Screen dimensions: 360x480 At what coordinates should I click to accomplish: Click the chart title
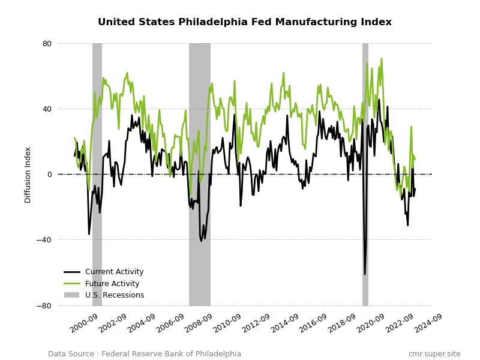click(244, 22)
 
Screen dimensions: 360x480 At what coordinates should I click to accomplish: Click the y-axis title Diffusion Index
click(28, 175)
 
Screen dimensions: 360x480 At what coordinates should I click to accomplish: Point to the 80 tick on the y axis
click(47, 44)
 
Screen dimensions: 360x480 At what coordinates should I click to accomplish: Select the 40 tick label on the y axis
click(47, 109)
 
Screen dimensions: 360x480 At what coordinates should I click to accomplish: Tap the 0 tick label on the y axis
click(50, 175)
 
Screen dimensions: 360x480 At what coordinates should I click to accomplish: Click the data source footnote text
click(145, 354)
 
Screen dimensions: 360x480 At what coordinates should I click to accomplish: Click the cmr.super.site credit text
click(434, 354)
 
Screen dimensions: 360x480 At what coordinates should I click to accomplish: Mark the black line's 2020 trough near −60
click(364, 274)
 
